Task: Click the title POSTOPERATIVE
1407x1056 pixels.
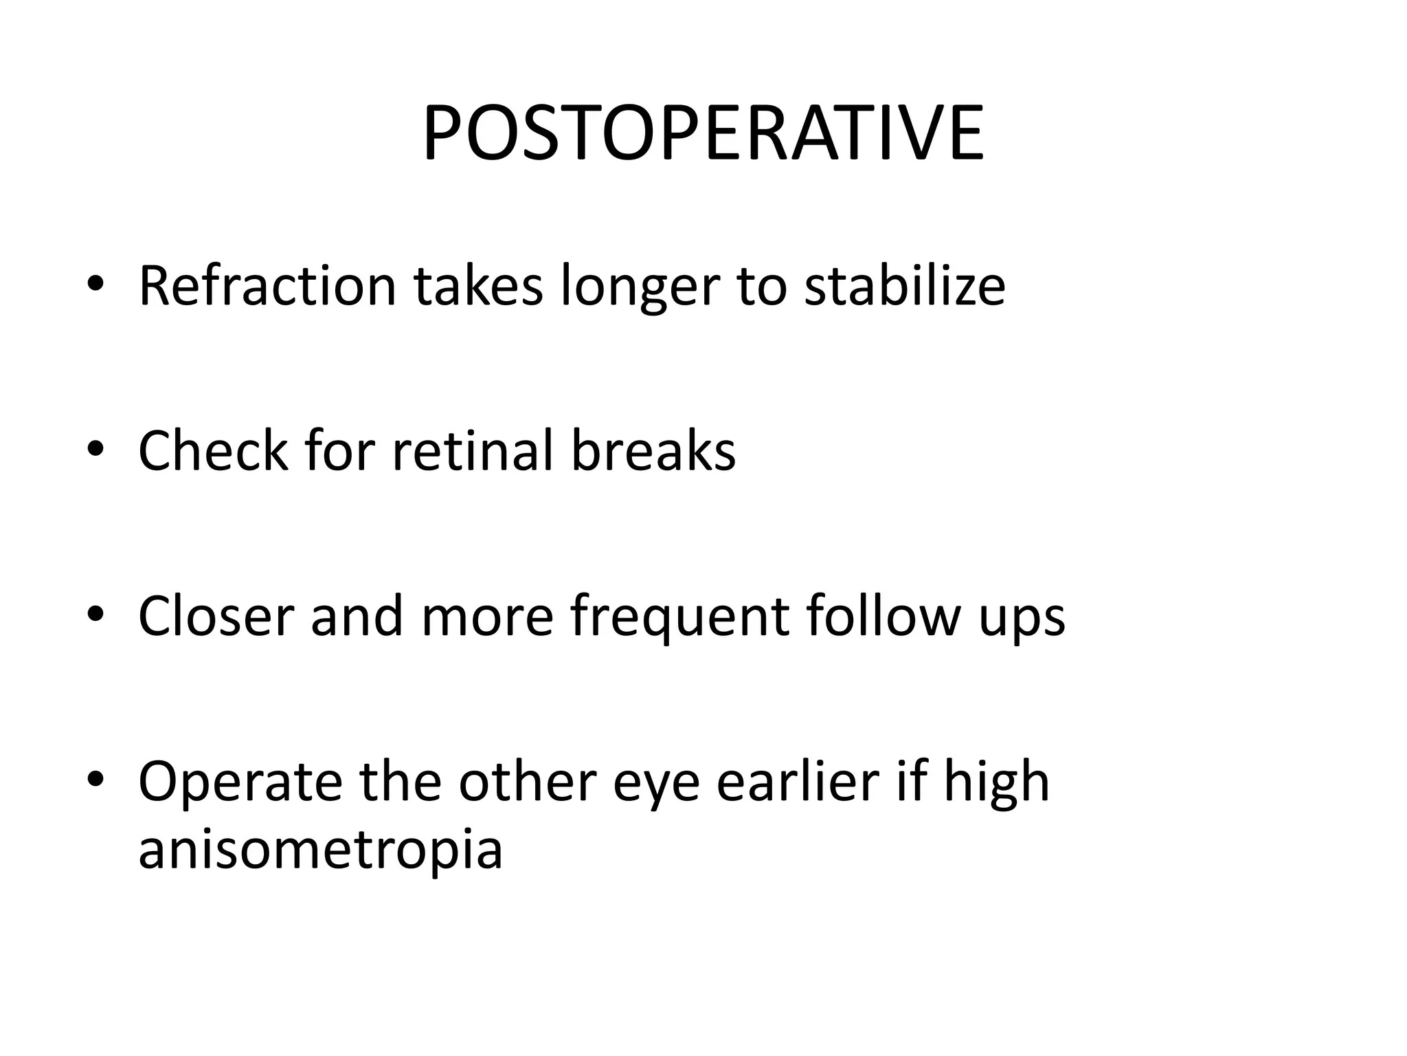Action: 703,133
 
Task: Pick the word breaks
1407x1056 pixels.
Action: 653,450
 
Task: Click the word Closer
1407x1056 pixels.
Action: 216,615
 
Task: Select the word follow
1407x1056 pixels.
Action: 881,615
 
